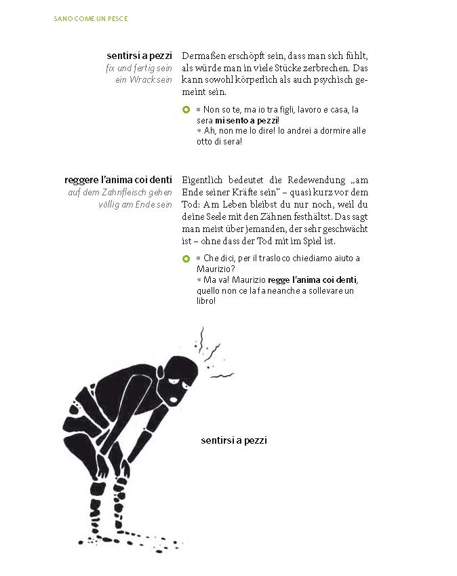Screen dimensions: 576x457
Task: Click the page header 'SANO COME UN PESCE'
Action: pos(90,18)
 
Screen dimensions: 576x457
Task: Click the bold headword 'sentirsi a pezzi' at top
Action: pos(139,56)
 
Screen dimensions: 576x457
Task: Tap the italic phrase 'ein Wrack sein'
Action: pos(143,80)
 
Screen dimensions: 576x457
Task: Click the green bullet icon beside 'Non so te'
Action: pos(186,109)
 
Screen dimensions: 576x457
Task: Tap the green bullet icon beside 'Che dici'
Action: pos(186,259)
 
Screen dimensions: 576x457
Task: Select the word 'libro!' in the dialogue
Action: pos(205,302)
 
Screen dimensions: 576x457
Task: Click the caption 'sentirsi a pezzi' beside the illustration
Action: pos(234,441)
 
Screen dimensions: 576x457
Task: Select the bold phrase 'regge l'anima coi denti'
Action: pos(313,280)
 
